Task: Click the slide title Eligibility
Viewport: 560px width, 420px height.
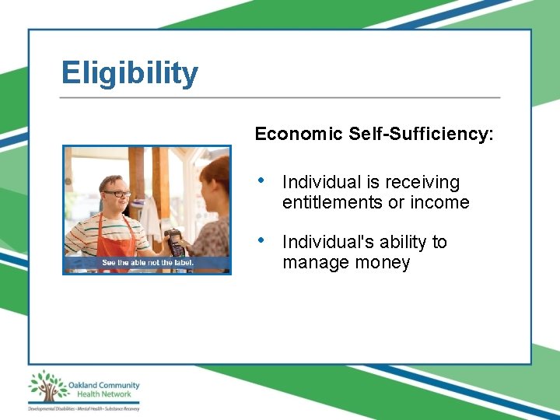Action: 130,74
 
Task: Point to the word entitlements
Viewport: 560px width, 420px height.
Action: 332,203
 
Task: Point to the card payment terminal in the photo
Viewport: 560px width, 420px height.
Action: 176,243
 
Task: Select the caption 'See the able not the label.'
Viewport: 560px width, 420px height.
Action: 148,263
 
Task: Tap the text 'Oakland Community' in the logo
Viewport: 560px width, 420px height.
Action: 103,385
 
